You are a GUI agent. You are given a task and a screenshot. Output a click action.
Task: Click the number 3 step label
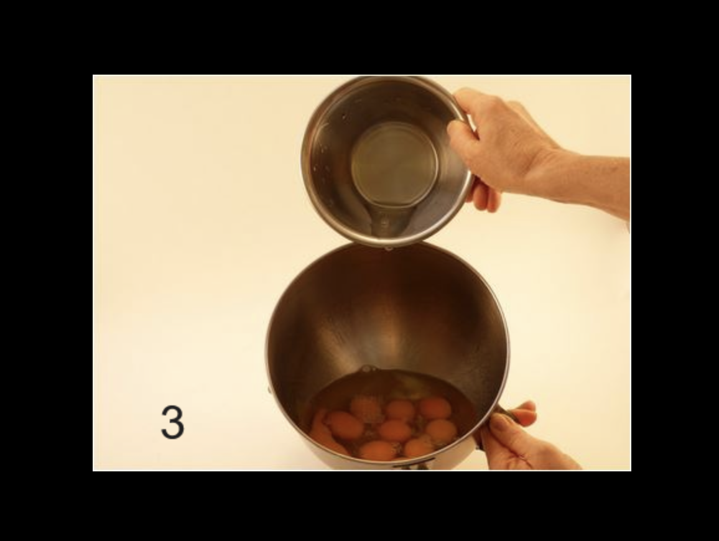point(172,422)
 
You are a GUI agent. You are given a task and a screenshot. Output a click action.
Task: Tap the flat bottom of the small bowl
point(394,164)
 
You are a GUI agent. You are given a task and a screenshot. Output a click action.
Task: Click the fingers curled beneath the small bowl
point(485,197)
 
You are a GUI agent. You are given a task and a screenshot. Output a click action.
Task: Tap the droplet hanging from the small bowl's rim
point(389,249)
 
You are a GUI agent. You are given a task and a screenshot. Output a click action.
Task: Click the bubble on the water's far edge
point(366,368)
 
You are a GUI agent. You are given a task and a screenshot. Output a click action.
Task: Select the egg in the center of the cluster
point(395,431)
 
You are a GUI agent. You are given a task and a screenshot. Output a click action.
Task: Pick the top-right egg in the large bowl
point(434,407)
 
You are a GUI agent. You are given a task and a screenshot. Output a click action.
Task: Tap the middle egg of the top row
point(400,409)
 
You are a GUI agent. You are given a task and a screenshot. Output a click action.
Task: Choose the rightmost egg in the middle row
point(441,432)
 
